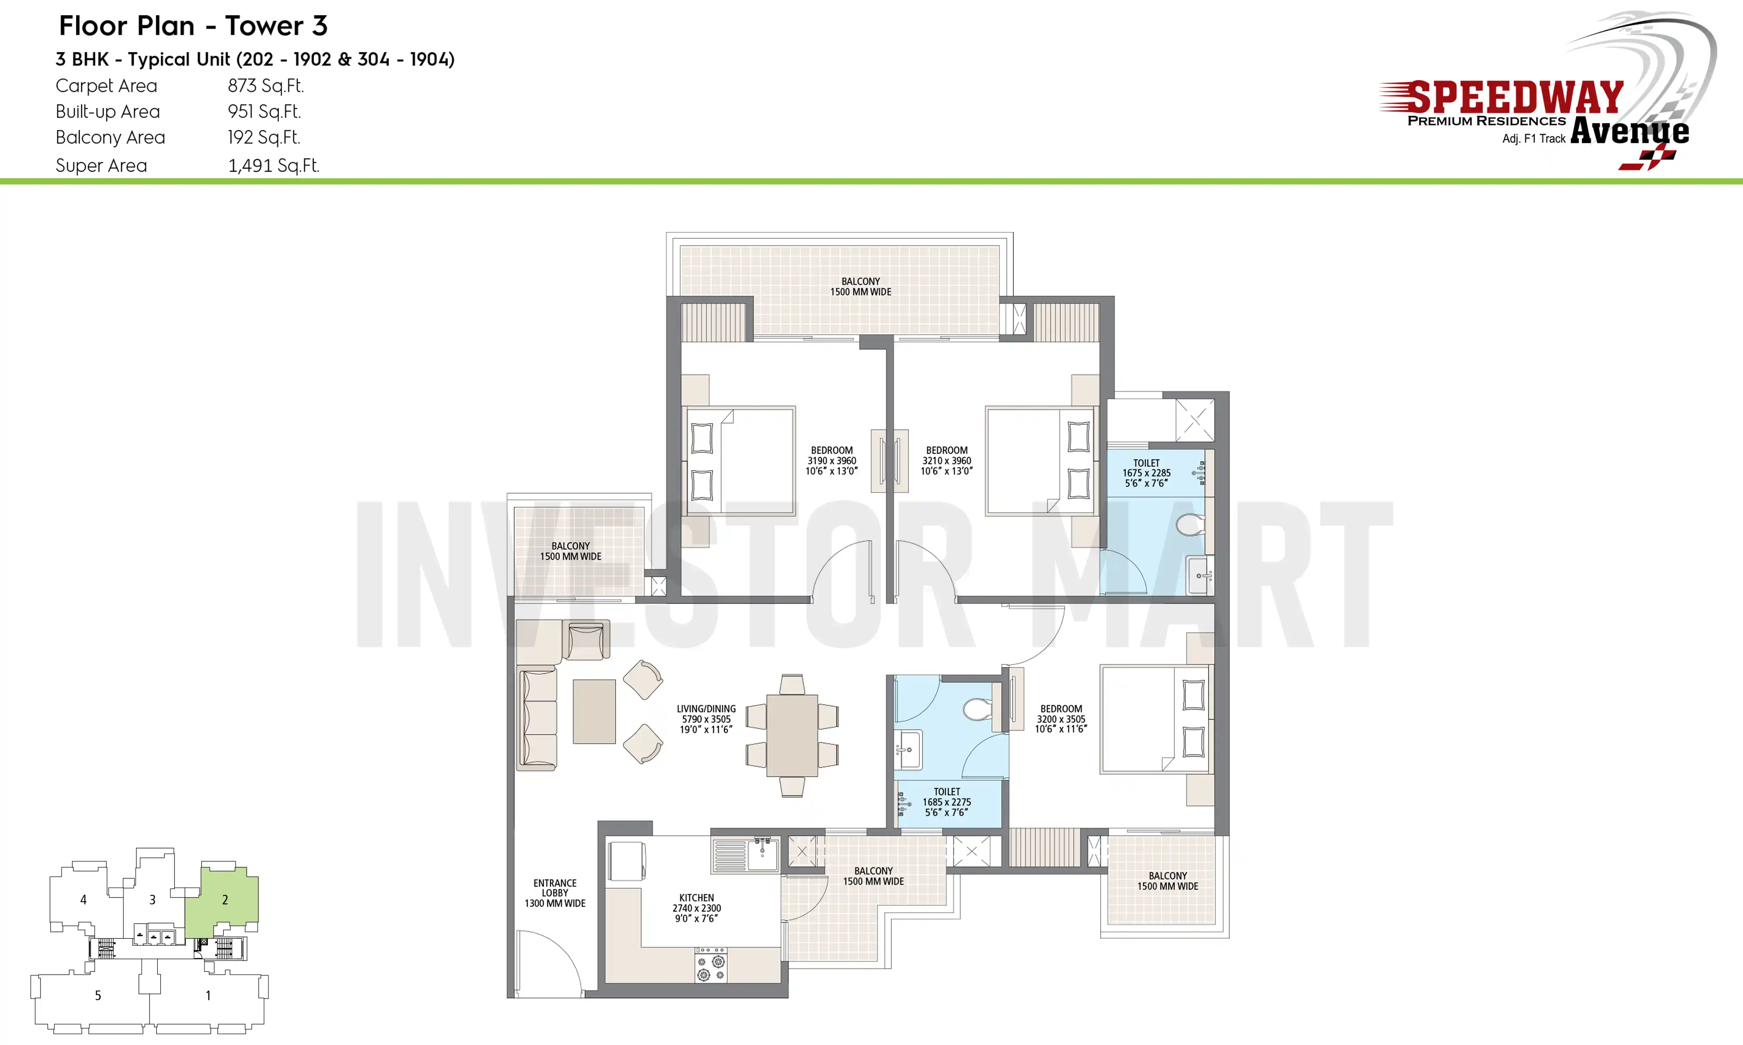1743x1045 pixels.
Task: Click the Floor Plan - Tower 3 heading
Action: click(x=193, y=26)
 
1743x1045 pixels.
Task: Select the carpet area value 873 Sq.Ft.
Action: click(x=266, y=86)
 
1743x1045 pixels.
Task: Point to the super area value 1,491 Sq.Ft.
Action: click(x=273, y=165)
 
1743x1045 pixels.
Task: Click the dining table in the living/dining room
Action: click(x=792, y=735)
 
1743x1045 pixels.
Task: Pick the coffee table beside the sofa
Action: click(x=594, y=711)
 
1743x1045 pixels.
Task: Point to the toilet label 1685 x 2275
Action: click(x=947, y=802)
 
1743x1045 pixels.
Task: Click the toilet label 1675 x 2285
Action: click(x=1146, y=473)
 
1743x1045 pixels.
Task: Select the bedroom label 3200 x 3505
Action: click(x=1061, y=719)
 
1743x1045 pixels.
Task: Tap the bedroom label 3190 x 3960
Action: click(x=832, y=461)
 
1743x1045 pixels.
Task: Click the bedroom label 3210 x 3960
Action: click(x=947, y=461)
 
